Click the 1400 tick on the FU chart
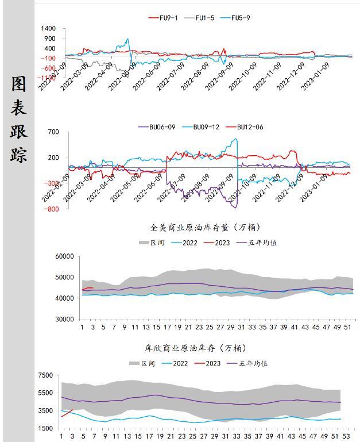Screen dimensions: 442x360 pos(49,29)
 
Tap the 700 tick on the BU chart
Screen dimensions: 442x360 pos(53,132)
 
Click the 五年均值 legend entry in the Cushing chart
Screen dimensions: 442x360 pos(258,363)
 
